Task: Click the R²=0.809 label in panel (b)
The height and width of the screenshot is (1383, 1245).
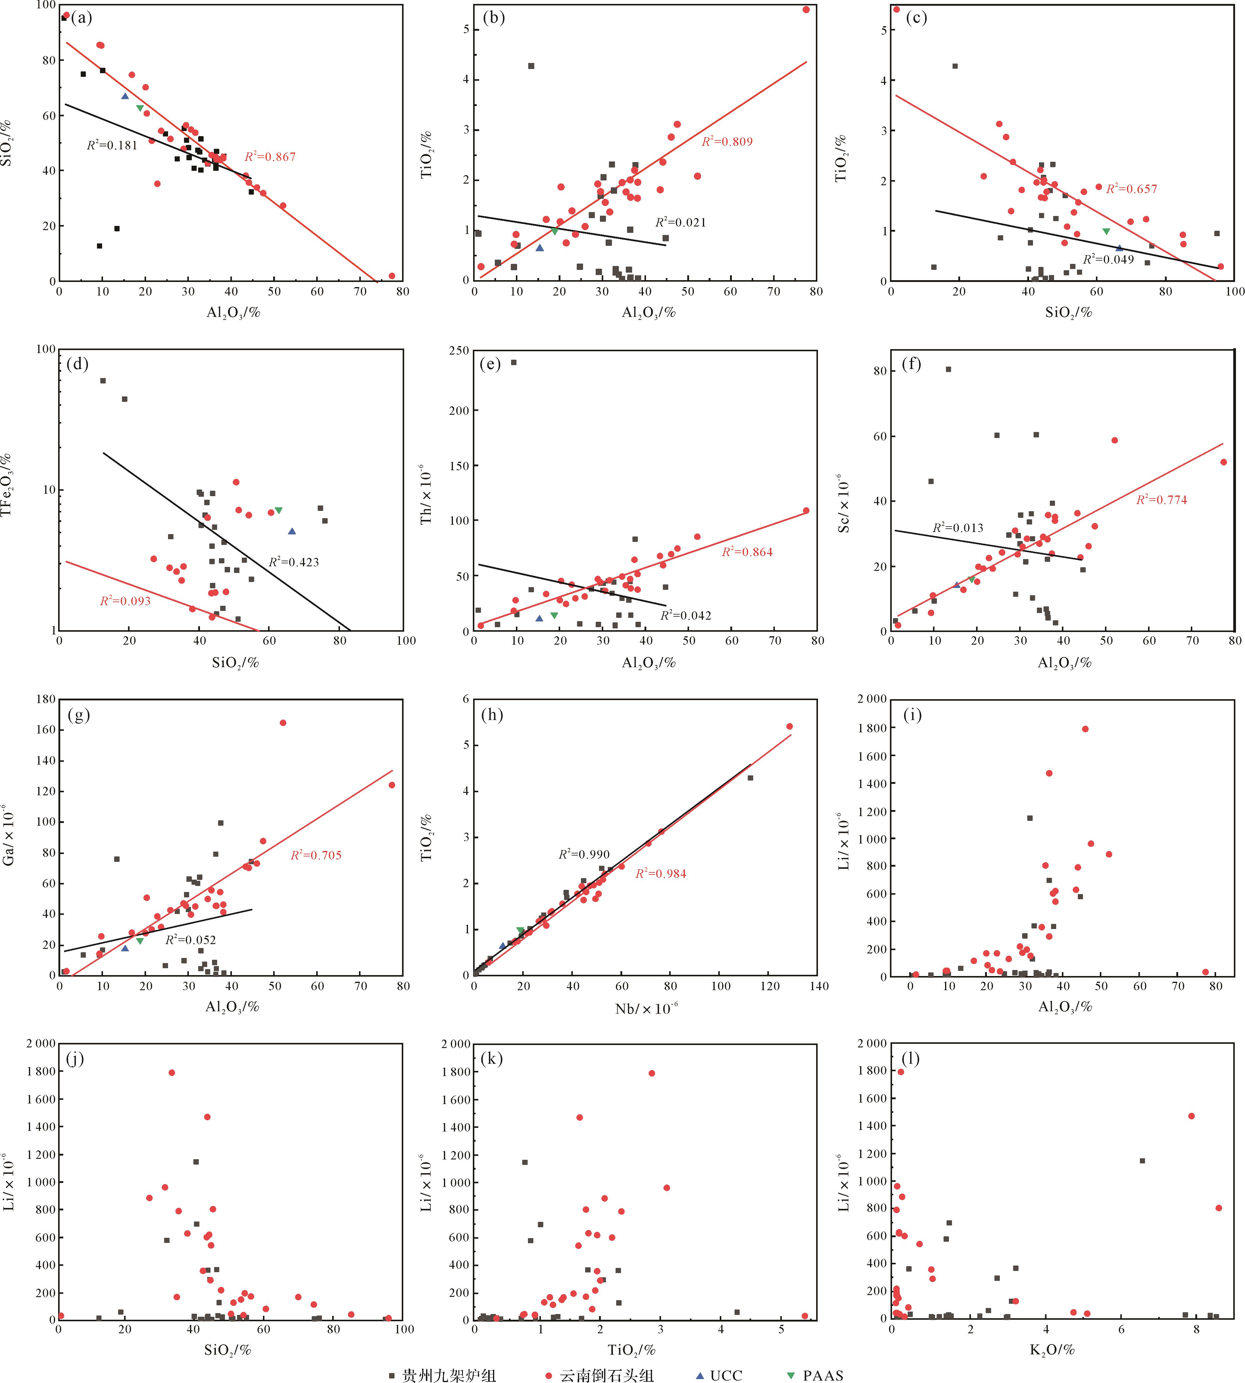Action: point(727,142)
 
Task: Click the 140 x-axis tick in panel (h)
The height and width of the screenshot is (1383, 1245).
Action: point(818,986)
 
